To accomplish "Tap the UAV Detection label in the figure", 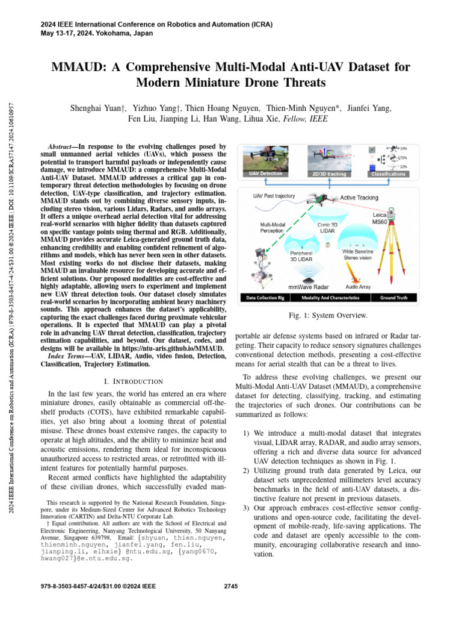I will click(266, 173).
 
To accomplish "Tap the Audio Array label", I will click(360, 287).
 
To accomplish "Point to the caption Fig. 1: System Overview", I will click(328, 315).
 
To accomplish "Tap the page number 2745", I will click(231, 586).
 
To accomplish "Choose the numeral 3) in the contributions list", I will click(246, 509).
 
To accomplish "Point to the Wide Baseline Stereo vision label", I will click(360, 255).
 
